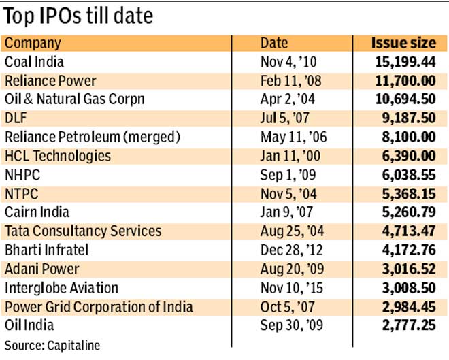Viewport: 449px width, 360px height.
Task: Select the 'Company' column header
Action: pos(33,43)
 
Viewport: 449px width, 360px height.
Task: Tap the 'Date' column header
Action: pos(274,43)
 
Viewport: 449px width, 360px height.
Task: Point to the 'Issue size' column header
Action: pos(403,43)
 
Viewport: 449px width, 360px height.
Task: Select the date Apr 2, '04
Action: pos(289,99)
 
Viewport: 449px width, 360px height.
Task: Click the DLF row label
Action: pos(16,118)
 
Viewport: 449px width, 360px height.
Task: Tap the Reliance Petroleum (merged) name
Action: pos(92,137)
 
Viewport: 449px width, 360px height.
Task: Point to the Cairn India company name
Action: pos(37,212)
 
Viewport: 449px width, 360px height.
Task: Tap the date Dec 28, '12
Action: pos(293,250)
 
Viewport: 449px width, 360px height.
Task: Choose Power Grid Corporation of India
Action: pos(99,306)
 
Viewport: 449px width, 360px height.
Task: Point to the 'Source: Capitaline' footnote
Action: pos(52,345)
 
